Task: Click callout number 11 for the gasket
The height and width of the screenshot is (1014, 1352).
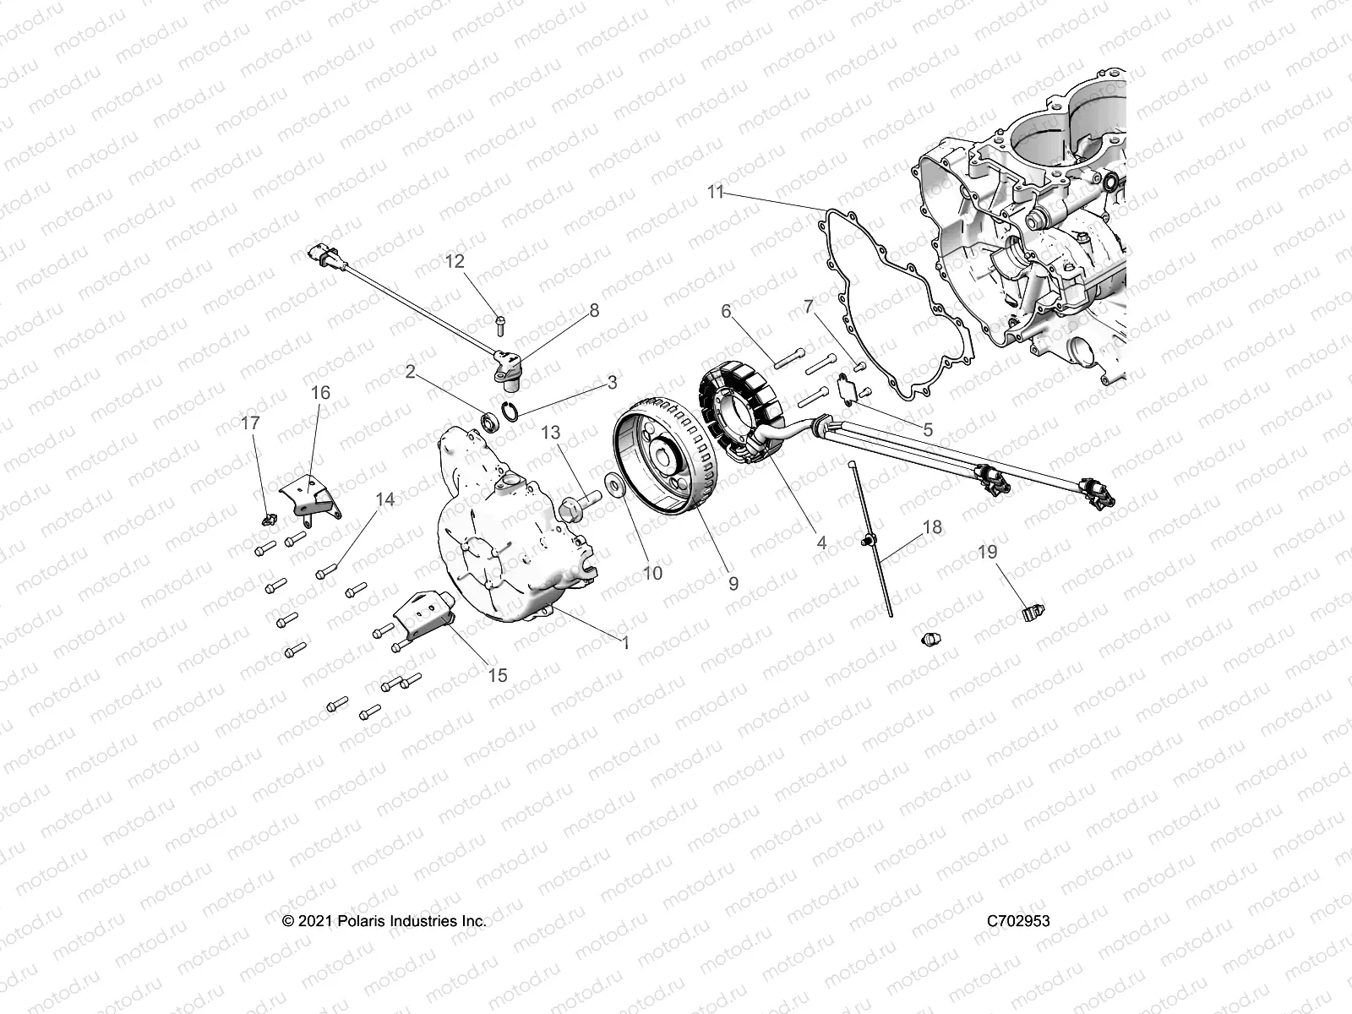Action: click(716, 193)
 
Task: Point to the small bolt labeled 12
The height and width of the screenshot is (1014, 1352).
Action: click(499, 321)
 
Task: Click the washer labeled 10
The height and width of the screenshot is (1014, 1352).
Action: click(614, 487)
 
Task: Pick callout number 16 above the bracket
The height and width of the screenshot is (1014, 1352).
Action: click(320, 393)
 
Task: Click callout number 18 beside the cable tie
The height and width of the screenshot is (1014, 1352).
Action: click(931, 527)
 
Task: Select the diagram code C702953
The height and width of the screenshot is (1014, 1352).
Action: click(1017, 920)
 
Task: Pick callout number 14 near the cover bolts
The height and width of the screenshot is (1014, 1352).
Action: click(384, 499)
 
